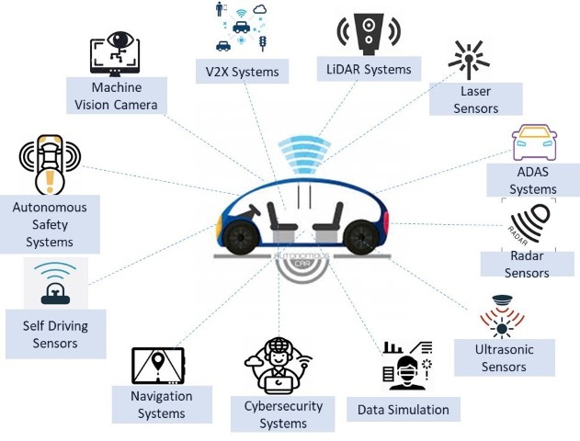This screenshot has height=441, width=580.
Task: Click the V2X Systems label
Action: (x=242, y=70)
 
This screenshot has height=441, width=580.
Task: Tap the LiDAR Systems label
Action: (x=369, y=68)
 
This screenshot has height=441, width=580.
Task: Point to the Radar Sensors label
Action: (x=527, y=264)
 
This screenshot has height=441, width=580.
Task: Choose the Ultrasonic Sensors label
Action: (x=505, y=358)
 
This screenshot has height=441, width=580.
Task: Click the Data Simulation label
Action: (x=404, y=410)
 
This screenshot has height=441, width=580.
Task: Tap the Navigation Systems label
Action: (x=163, y=405)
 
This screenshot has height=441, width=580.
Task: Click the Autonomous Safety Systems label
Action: (x=50, y=225)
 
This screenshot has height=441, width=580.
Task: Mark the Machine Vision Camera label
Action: (x=117, y=96)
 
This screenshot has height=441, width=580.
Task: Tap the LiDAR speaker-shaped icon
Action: (x=368, y=30)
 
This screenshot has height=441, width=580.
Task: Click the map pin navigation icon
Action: (x=158, y=365)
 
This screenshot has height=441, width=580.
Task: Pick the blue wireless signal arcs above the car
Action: (x=305, y=152)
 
